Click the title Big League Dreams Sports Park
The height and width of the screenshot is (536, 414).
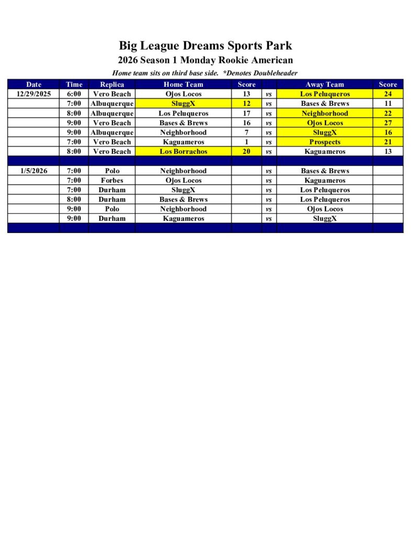click(205, 46)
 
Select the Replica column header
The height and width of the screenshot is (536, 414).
click(112, 84)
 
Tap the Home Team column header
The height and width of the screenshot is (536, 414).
click(183, 84)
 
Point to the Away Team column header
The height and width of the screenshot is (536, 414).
click(325, 84)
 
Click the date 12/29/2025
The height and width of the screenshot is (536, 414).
click(33, 94)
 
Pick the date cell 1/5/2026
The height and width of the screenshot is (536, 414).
click(33, 171)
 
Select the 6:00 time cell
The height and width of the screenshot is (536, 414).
click(74, 94)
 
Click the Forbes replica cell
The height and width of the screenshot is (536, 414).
click(112, 180)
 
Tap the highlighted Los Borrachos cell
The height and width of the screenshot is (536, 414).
click(183, 151)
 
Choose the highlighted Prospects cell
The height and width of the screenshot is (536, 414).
click(325, 142)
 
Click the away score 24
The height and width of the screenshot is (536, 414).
click(388, 94)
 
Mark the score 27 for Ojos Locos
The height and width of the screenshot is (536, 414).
click(388, 122)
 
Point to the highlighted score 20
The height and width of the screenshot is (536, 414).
click(247, 151)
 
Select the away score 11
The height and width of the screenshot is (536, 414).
click(388, 103)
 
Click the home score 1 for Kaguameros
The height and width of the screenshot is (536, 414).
click(247, 142)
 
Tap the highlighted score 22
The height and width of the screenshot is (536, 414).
click(388, 113)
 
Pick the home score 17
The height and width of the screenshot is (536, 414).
click(247, 113)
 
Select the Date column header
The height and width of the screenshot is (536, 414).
click(33, 84)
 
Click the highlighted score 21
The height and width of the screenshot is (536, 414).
click(388, 142)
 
